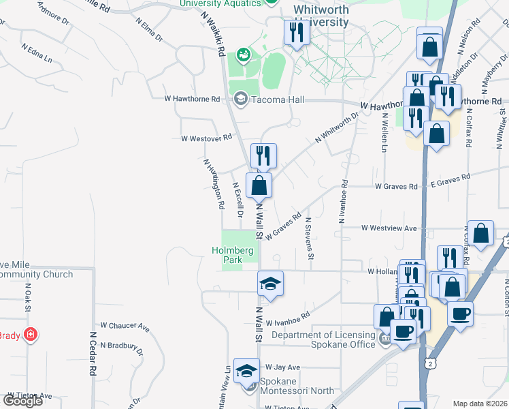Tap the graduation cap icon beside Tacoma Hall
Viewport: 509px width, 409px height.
pos(240,100)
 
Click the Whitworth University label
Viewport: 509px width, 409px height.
pos(321,16)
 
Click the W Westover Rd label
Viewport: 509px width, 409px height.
pos(206,138)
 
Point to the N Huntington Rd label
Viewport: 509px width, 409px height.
pos(214,183)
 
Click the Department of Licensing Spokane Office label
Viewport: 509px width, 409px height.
pos(323,339)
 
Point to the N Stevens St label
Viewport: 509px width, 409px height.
pos(310,238)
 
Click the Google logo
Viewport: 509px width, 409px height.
pos(22,401)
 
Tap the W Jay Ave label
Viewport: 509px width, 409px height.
pos(282,367)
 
